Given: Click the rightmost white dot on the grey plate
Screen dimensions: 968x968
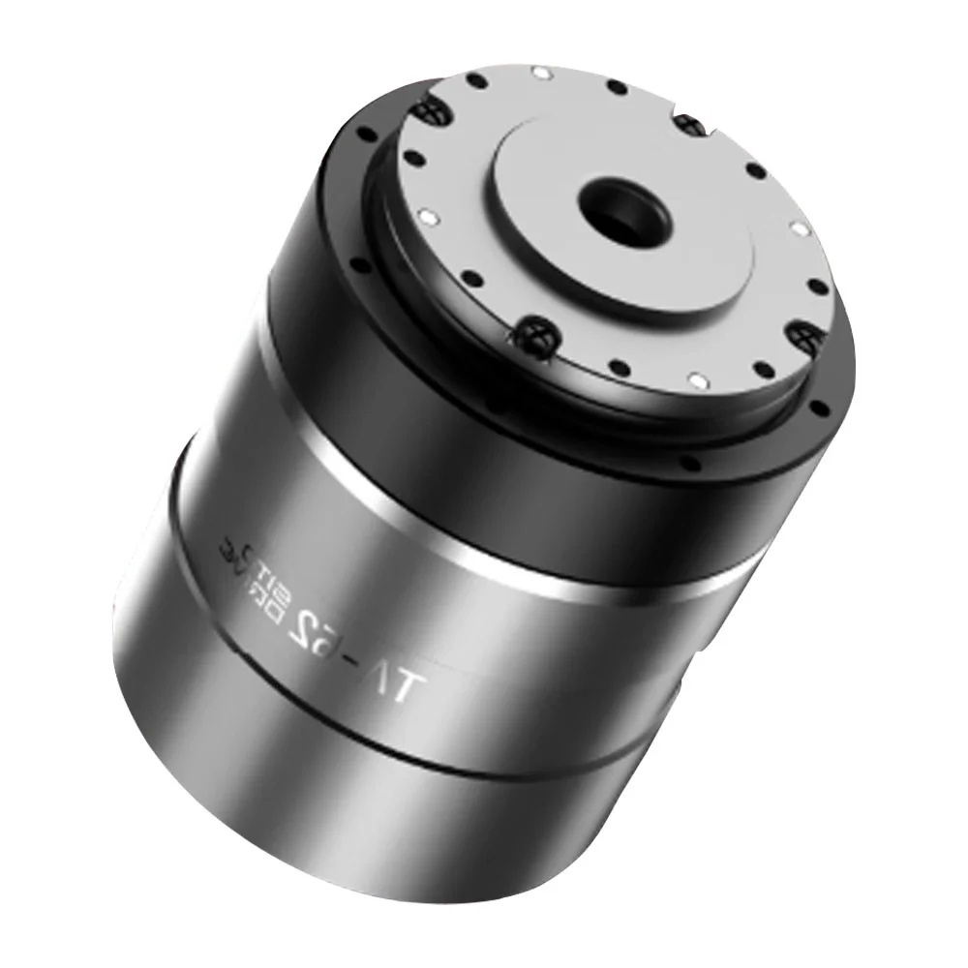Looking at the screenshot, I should tap(800, 228).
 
